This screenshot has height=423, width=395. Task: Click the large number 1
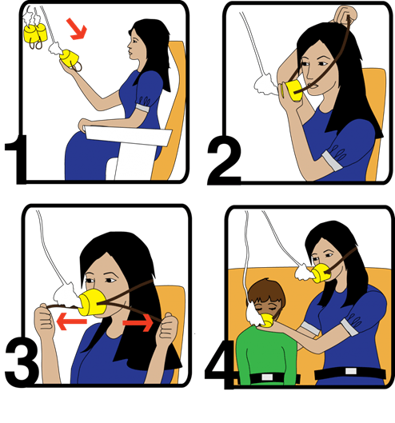18,159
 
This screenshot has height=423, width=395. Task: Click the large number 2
224,160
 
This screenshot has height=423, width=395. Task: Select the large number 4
219,365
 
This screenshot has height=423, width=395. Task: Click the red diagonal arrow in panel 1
78,29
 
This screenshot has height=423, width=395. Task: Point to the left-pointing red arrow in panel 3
72,321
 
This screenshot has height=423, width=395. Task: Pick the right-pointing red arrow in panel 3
138,322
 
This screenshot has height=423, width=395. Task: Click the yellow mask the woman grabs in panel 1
69,58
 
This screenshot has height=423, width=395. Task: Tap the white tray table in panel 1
129,136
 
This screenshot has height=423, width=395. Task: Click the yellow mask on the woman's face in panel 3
92,302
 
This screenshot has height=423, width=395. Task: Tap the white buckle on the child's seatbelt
267,377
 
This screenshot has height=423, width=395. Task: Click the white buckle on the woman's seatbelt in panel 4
351,371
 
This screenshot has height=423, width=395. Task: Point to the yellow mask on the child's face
267,320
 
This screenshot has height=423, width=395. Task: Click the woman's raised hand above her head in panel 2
345,14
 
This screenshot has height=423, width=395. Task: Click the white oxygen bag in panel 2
266,85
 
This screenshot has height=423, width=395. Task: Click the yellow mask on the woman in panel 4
321,273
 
